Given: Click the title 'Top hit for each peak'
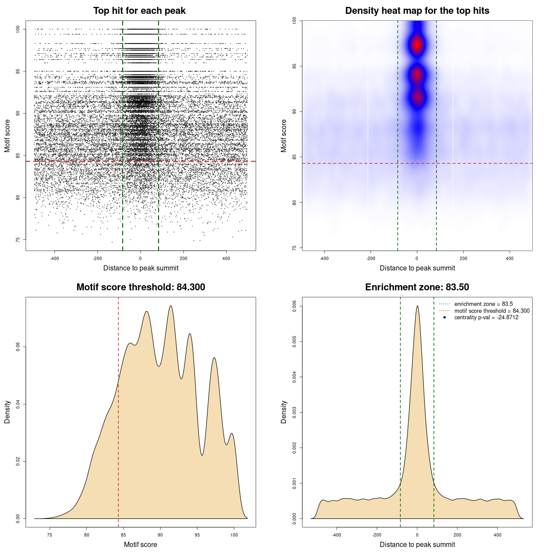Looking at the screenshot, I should pyautogui.click(x=139, y=11).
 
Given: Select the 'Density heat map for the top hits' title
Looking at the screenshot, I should pyautogui.click(x=417, y=11).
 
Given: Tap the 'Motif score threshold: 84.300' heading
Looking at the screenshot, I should pyautogui.click(x=140, y=287).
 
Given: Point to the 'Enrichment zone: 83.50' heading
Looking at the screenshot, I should pyautogui.click(x=417, y=287).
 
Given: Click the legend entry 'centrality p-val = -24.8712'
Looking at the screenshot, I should pyautogui.click(x=486, y=318).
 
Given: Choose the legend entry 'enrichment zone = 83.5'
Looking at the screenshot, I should pyautogui.click(x=483, y=304).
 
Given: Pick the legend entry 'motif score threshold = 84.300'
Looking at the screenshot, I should pyautogui.click(x=492, y=311).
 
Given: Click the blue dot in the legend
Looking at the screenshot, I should pyautogui.click(x=445, y=318).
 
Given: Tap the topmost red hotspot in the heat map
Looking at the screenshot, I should pyautogui.click(x=417, y=44).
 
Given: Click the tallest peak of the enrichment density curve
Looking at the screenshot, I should pyautogui.click(x=417, y=306).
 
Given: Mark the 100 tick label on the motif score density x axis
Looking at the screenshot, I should pyautogui.click(x=234, y=535).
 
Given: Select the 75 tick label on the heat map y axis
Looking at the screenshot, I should pyautogui.click(x=294, y=248).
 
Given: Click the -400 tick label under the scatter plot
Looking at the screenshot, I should pyautogui.click(x=54, y=258).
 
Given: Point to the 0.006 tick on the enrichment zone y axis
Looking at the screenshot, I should pyautogui.click(x=294, y=306).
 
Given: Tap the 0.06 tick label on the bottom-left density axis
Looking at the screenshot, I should pyautogui.click(x=18, y=347).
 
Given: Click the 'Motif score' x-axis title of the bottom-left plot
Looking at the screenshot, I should pyautogui.click(x=140, y=544).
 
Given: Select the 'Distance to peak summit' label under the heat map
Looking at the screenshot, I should pyautogui.click(x=417, y=268).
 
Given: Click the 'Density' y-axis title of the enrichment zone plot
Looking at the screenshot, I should pyautogui.click(x=284, y=412).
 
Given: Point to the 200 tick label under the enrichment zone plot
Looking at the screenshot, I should pyautogui.click(x=457, y=535).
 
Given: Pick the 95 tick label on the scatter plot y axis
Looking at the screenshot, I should pyautogui.click(x=18, y=71).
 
